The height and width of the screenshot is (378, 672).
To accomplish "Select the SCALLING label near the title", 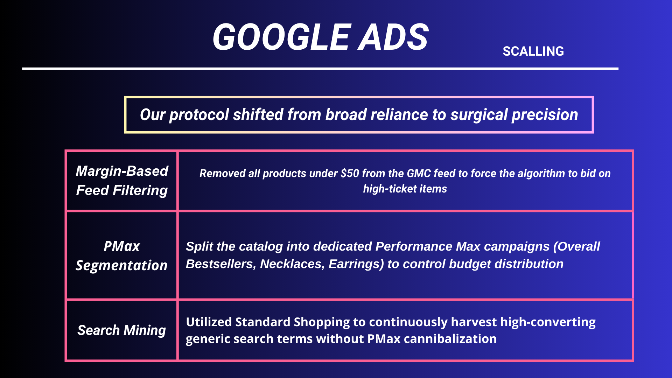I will point(533,51).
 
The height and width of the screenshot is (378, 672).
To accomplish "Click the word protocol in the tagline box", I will point(199,115).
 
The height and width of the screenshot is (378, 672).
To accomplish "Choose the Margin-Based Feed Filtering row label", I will point(122,181).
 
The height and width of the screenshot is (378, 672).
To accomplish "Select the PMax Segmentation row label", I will point(121,255).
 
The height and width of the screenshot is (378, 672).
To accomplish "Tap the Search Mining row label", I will point(121,330).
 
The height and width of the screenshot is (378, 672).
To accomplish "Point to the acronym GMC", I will point(418,173).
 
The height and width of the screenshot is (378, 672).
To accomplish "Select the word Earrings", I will point(356,264).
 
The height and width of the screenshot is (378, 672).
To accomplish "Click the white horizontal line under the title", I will point(320,69).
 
